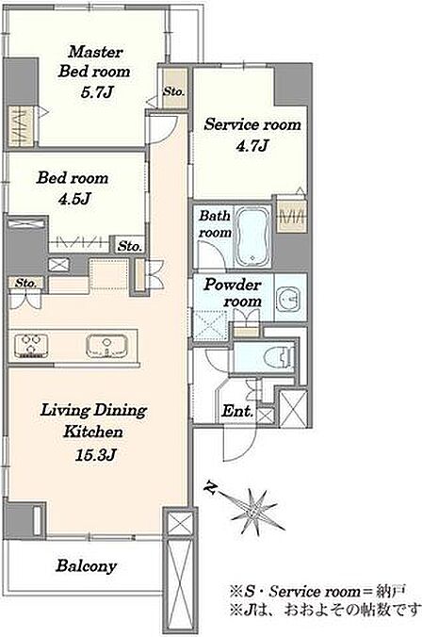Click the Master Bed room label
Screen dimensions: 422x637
[x=94, y=62]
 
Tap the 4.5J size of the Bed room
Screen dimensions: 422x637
[x=73, y=199]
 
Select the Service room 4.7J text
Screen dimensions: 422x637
[x=252, y=135]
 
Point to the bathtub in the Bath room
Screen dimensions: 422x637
[x=252, y=237]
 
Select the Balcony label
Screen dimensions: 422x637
[x=86, y=566]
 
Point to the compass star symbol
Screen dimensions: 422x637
[x=252, y=507]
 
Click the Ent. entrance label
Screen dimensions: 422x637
[x=237, y=411]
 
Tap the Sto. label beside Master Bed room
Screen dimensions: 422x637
[x=174, y=91]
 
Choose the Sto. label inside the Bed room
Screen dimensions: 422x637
[x=130, y=246]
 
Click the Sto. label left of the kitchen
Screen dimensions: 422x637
[x=26, y=283]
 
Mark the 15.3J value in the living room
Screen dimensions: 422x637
[x=96, y=455]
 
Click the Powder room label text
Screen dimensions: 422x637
[x=233, y=292]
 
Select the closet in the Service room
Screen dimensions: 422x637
[x=291, y=215]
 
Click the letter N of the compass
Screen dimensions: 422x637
[x=210, y=487]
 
